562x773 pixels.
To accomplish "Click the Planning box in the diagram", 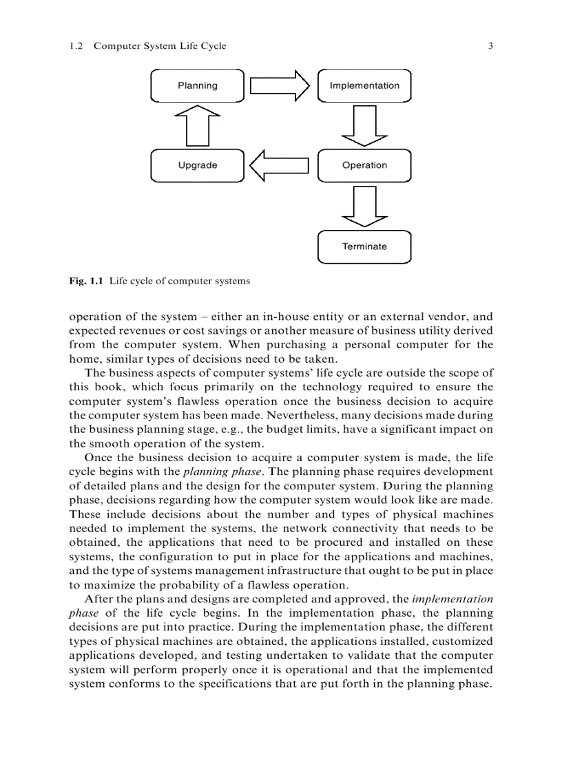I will [197, 86].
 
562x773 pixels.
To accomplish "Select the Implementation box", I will [364, 86].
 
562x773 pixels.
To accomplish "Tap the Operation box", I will [364, 165].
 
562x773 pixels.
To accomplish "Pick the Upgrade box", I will [197, 165].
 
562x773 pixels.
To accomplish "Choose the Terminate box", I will [364, 246].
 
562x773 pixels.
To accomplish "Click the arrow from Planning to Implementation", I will [280, 86].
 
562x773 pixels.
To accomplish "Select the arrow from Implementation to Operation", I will [364, 126].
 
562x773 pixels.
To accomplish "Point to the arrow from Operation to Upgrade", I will [279, 165].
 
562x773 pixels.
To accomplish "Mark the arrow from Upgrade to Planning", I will [198, 125].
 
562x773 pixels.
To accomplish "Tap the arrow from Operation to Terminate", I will [364, 206].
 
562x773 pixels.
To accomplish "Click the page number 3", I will [490, 46].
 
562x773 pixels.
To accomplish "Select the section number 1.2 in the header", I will [76, 46].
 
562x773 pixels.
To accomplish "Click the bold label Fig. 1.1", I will [86, 281].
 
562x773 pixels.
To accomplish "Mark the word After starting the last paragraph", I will [99, 600].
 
